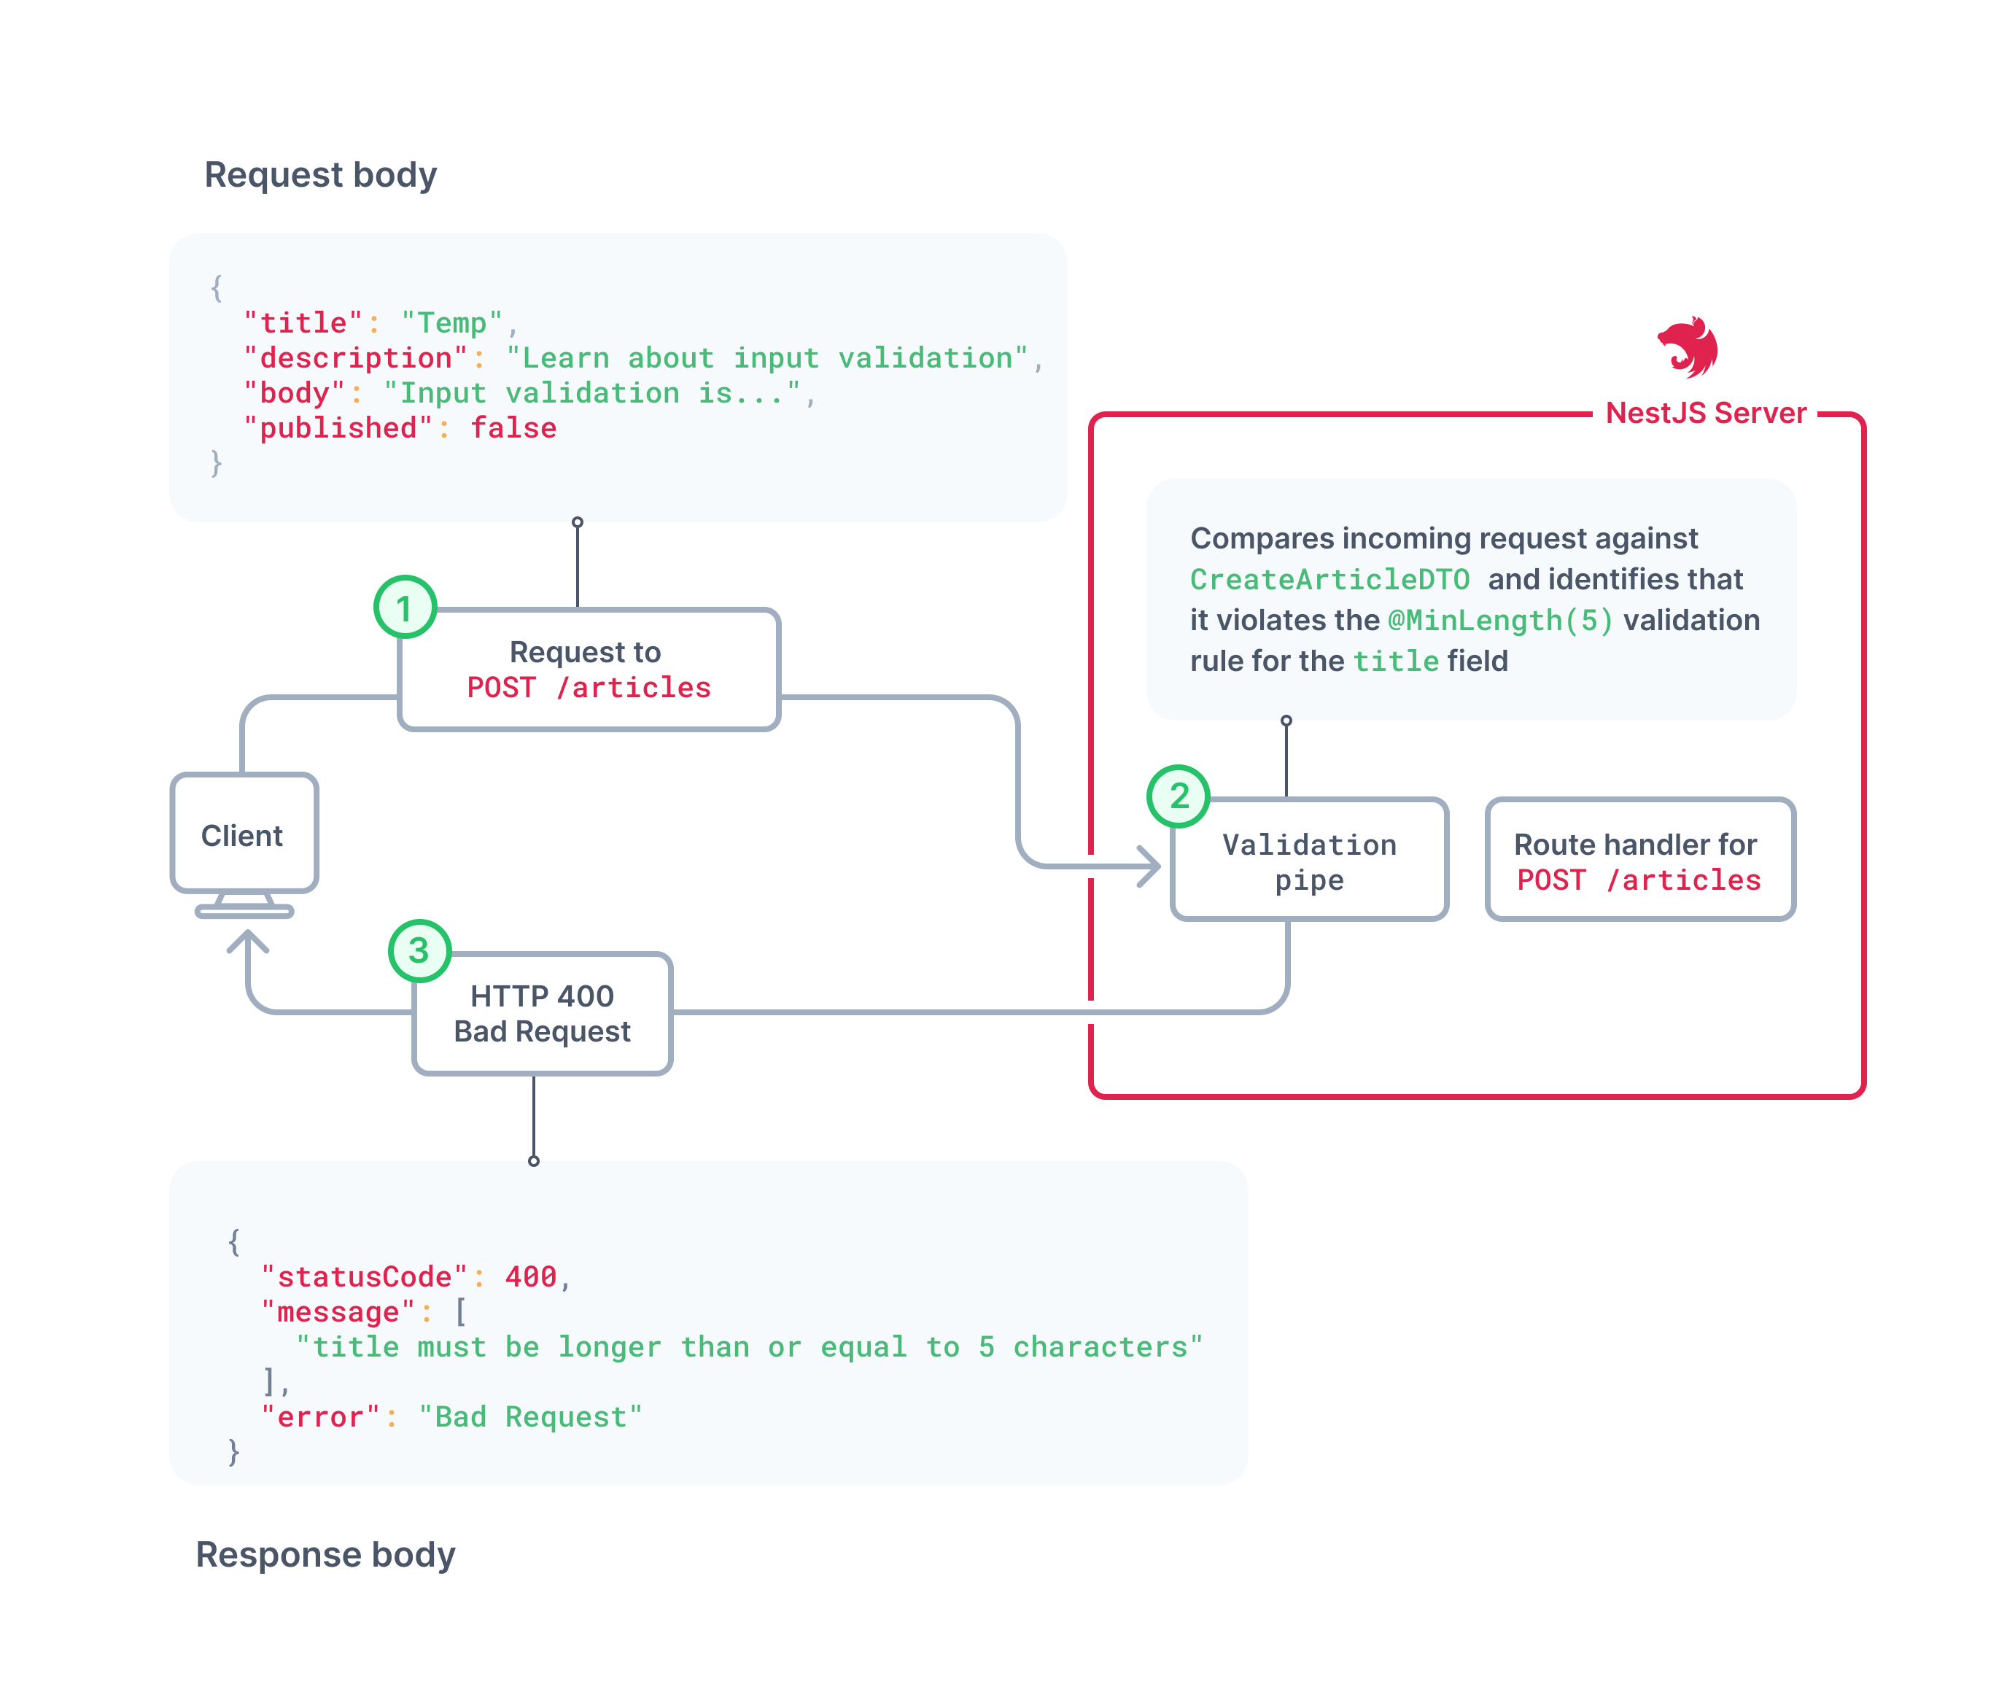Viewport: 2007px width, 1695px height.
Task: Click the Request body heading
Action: click(x=320, y=175)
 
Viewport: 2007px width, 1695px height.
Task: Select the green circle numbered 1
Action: click(x=405, y=608)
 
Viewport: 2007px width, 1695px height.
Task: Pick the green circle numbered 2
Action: click(x=1178, y=796)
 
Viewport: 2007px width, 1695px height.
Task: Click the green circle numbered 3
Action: click(x=419, y=950)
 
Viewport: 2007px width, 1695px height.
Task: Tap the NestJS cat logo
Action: click(x=1688, y=347)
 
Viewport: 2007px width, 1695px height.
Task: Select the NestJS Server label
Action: click(x=1705, y=414)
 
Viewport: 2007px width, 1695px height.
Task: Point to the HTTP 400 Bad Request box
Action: click(x=542, y=1013)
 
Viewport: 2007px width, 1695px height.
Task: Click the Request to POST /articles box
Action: click(x=588, y=670)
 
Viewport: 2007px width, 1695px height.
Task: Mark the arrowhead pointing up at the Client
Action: click(x=248, y=942)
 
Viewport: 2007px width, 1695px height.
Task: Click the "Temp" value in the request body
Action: click(x=451, y=323)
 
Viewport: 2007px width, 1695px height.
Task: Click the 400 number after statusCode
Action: click(x=530, y=1276)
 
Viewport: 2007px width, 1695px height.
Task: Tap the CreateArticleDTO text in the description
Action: click(x=1329, y=579)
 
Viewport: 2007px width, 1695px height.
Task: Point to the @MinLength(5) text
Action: click(x=1499, y=621)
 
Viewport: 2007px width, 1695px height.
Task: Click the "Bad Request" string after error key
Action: click(x=529, y=1416)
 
